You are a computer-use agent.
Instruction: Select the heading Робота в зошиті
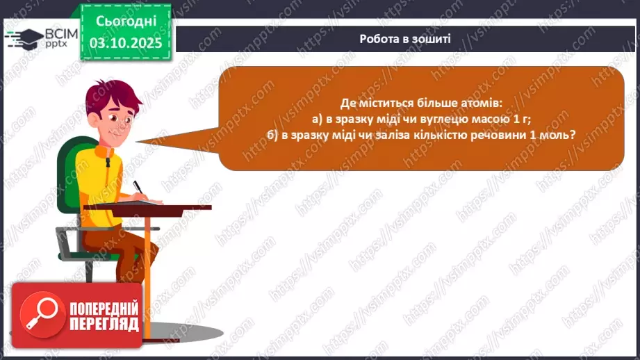click(405, 38)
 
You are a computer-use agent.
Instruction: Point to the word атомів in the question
click(487, 103)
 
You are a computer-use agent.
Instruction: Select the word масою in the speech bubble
click(492, 119)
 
